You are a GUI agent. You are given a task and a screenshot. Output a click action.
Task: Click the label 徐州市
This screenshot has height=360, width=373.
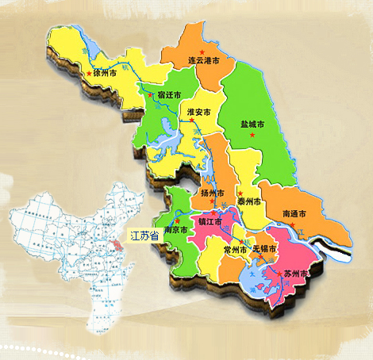point(106,72)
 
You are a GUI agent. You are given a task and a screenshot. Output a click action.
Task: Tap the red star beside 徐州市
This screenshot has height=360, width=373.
point(88,74)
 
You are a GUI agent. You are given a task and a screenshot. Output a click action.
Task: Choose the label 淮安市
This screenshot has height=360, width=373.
point(198,113)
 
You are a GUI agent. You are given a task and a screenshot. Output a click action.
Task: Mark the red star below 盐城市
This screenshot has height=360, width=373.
point(252,136)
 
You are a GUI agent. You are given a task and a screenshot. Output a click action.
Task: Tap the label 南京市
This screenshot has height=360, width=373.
point(175,230)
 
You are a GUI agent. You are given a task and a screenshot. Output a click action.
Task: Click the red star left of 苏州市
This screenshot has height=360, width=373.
point(279,271)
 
